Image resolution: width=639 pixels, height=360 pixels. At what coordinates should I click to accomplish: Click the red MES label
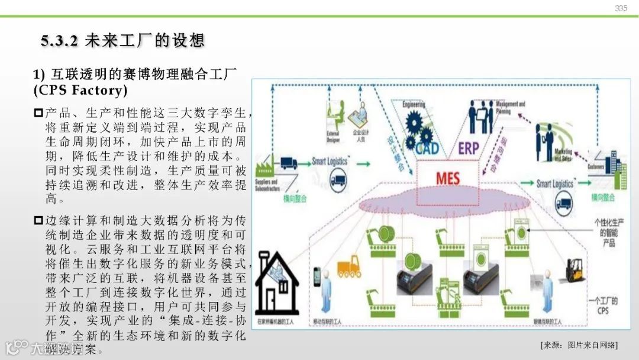[447, 178]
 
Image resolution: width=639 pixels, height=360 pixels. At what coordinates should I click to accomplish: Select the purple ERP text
[468, 148]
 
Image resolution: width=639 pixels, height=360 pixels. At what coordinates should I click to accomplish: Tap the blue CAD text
[427, 148]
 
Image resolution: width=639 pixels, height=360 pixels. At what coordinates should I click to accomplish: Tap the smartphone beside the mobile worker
[317, 276]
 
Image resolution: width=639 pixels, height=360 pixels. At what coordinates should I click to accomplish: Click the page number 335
[621, 8]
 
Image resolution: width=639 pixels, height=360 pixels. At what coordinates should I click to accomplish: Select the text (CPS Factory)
[80, 91]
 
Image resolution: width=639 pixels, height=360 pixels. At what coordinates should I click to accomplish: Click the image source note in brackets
[579, 345]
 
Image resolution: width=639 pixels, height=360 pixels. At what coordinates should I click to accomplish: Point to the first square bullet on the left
[38, 112]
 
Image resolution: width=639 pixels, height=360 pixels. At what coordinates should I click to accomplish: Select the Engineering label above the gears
[414, 105]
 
